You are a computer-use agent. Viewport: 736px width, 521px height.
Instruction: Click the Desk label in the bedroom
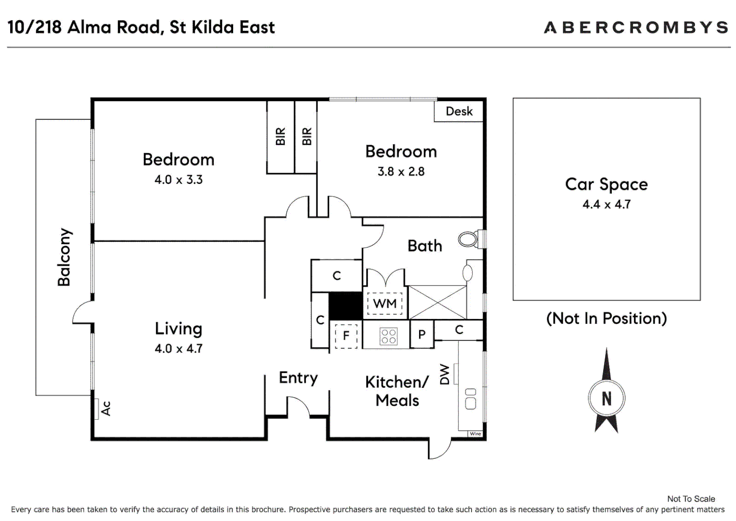[459, 111]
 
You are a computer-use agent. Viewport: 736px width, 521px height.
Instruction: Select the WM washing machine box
[385, 303]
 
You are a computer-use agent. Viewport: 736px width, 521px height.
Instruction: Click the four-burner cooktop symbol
[388, 336]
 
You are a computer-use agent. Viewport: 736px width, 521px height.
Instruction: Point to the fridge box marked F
[346, 336]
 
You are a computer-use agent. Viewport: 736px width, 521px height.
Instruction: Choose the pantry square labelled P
[422, 334]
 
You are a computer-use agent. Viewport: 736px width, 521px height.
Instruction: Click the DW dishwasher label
[444, 374]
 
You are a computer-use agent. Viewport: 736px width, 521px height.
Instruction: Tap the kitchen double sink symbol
[471, 399]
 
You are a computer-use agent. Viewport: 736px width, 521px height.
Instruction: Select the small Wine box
[475, 434]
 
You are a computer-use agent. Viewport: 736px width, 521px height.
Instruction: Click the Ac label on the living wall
[106, 409]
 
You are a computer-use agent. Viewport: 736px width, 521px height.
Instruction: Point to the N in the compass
[606, 398]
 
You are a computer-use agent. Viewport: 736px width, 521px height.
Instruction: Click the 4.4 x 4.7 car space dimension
[606, 205]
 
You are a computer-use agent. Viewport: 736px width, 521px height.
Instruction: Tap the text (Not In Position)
[606, 318]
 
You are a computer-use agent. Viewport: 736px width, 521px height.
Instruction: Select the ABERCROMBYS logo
[636, 27]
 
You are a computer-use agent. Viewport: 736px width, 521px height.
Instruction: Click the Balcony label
[64, 257]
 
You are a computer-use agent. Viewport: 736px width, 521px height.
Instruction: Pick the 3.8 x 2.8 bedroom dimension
[401, 171]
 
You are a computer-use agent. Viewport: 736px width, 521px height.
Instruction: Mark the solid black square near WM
[346, 306]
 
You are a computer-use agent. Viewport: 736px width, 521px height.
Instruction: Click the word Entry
[298, 378]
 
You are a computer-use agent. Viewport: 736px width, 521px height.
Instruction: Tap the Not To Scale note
[691, 499]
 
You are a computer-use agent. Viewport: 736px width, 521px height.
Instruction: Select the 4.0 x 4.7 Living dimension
[178, 349]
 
